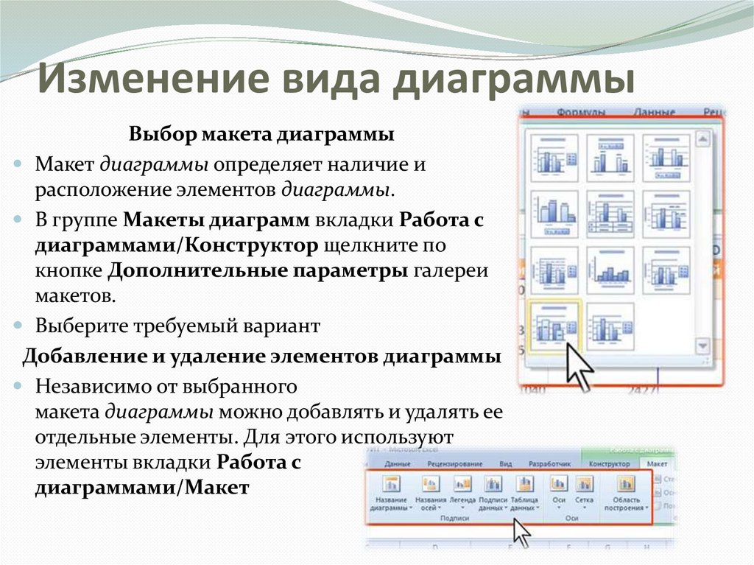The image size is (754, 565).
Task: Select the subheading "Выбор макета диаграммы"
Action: [x=261, y=136]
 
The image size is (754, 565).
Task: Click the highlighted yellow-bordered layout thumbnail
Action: [x=554, y=326]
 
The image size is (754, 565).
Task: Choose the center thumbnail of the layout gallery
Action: [x=610, y=214]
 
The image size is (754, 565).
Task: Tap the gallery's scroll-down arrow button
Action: [x=702, y=345]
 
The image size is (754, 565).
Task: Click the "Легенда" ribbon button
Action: [x=462, y=491]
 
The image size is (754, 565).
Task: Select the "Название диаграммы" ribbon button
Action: [x=391, y=491]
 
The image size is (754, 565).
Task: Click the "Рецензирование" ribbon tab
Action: [x=454, y=464]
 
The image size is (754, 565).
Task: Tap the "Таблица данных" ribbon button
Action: [x=524, y=491]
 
